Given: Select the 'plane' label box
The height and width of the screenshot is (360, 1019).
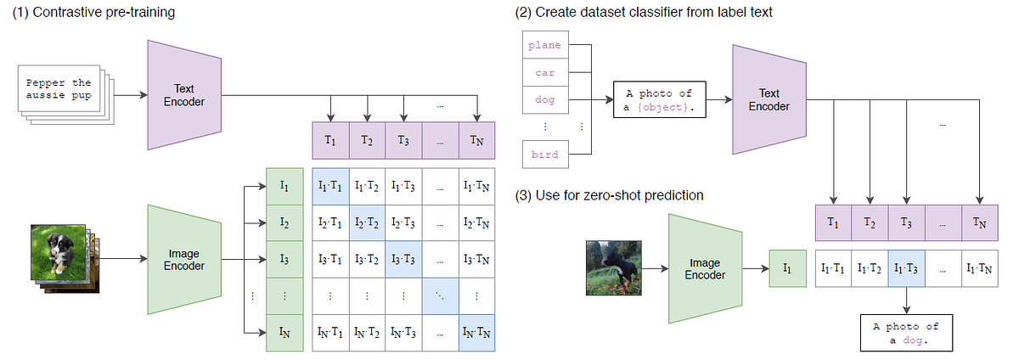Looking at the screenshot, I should (x=544, y=45).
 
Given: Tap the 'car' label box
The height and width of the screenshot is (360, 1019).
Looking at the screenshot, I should (x=544, y=72).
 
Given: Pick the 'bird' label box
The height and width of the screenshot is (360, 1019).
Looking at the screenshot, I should (x=544, y=155).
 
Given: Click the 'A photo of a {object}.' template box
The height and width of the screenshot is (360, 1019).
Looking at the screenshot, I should (x=659, y=101).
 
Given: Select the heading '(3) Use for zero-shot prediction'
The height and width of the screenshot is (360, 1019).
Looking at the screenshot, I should (x=609, y=195).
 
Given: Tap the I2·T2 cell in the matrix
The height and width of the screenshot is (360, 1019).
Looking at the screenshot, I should (x=367, y=222).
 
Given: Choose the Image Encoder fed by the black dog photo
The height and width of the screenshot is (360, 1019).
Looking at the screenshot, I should (x=705, y=267).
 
